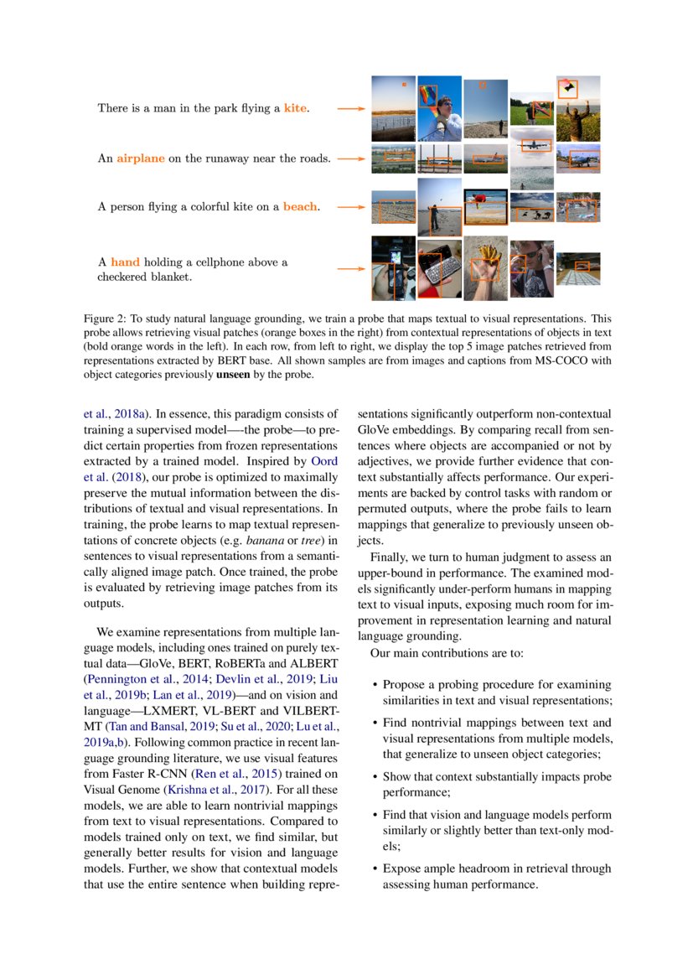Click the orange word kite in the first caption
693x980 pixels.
point(295,108)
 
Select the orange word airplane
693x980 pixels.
point(140,158)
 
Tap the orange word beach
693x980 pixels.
point(300,206)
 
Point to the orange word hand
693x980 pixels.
point(125,262)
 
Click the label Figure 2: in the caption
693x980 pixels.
point(106,319)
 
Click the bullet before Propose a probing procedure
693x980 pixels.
point(374,686)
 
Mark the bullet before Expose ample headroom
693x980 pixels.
point(374,869)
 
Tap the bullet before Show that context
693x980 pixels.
point(374,777)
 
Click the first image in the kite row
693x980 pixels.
point(393,109)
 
